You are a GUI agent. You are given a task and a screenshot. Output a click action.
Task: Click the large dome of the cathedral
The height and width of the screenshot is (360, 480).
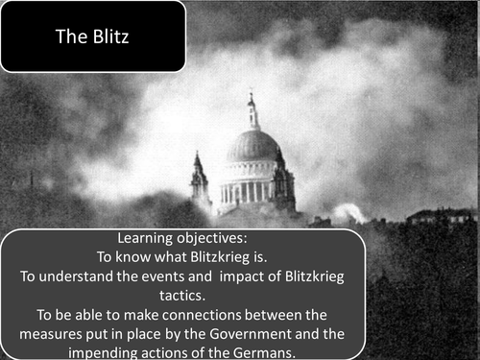tap(252, 147)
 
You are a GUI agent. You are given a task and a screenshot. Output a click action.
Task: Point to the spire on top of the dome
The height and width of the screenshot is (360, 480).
tap(252, 108)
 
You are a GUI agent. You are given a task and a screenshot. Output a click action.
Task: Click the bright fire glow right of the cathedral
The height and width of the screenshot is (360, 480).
tap(348, 212)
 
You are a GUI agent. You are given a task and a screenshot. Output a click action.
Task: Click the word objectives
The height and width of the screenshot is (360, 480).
tap(219, 240)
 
